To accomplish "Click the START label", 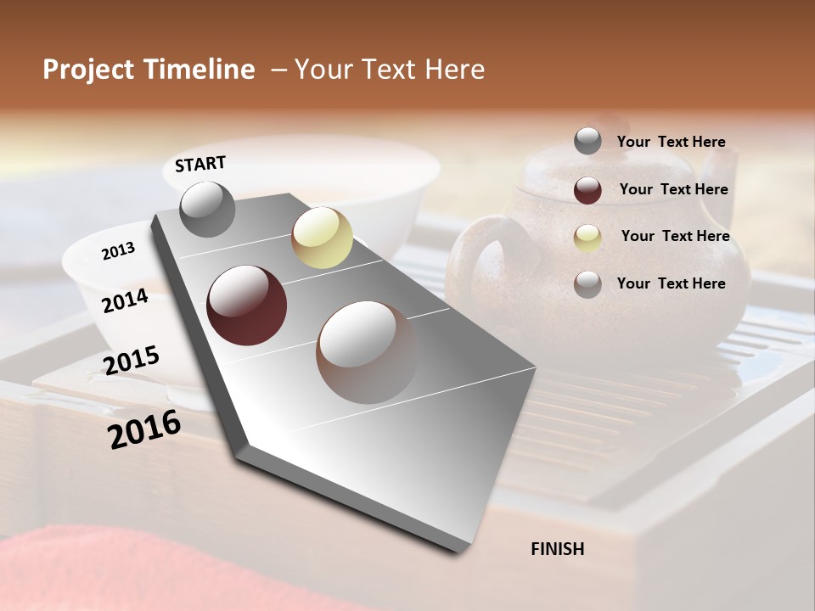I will [200, 164].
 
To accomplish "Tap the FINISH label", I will [558, 549].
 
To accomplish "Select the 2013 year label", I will [118, 250].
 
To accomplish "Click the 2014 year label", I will [125, 301].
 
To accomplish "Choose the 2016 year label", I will [144, 429].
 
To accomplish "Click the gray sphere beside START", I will [207, 209].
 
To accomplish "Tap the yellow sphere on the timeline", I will [322, 238].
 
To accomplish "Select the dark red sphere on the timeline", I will [247, 305].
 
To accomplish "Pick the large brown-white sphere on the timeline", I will [368, 352].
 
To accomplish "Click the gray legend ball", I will [587, 141].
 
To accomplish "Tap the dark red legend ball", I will [587, 190].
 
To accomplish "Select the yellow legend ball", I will [587, 238].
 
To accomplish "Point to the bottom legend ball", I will [587, 284].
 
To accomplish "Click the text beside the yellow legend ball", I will [675, 236].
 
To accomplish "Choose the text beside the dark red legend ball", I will [673, 189].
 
